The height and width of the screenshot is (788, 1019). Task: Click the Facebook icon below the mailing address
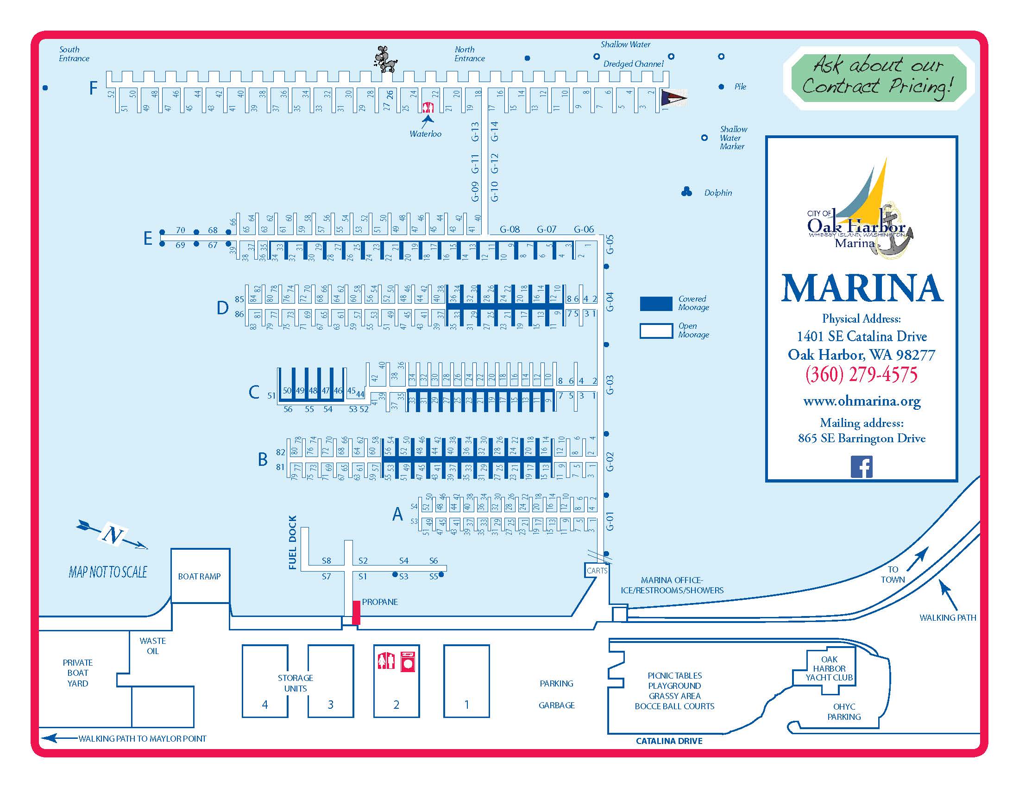click(x=862, y=467)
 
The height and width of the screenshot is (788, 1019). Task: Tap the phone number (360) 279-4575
click(x=862, y=375)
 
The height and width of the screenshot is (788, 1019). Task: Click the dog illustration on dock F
click(x=385, y=59)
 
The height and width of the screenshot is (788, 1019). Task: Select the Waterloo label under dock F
click(x=425, y=134)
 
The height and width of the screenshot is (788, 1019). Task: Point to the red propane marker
click(x=356, y=612)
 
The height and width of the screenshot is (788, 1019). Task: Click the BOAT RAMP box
click(x=200, y=576)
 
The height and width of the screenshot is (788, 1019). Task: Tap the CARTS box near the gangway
click(x=597, y=571)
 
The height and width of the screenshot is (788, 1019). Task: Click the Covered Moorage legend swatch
click(x=656, y=303)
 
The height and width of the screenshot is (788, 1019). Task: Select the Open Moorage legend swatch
click(x=656, y=330)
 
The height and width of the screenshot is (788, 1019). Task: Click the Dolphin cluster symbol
click(x=686, y=191)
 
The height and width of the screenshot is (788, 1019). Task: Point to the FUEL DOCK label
click(x=293, y=542)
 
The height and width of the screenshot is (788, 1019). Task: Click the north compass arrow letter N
click(x=113, y=534)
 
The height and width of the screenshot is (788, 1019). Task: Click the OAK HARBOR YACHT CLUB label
click(x=829, y=668)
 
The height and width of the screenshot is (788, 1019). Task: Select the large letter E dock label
click(x=148, y=239)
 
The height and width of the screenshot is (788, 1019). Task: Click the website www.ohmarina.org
click(x=862, y=401)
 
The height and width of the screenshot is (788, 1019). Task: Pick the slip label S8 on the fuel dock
click(x=326, y=561)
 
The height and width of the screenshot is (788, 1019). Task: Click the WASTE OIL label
click(x=152, y=646)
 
